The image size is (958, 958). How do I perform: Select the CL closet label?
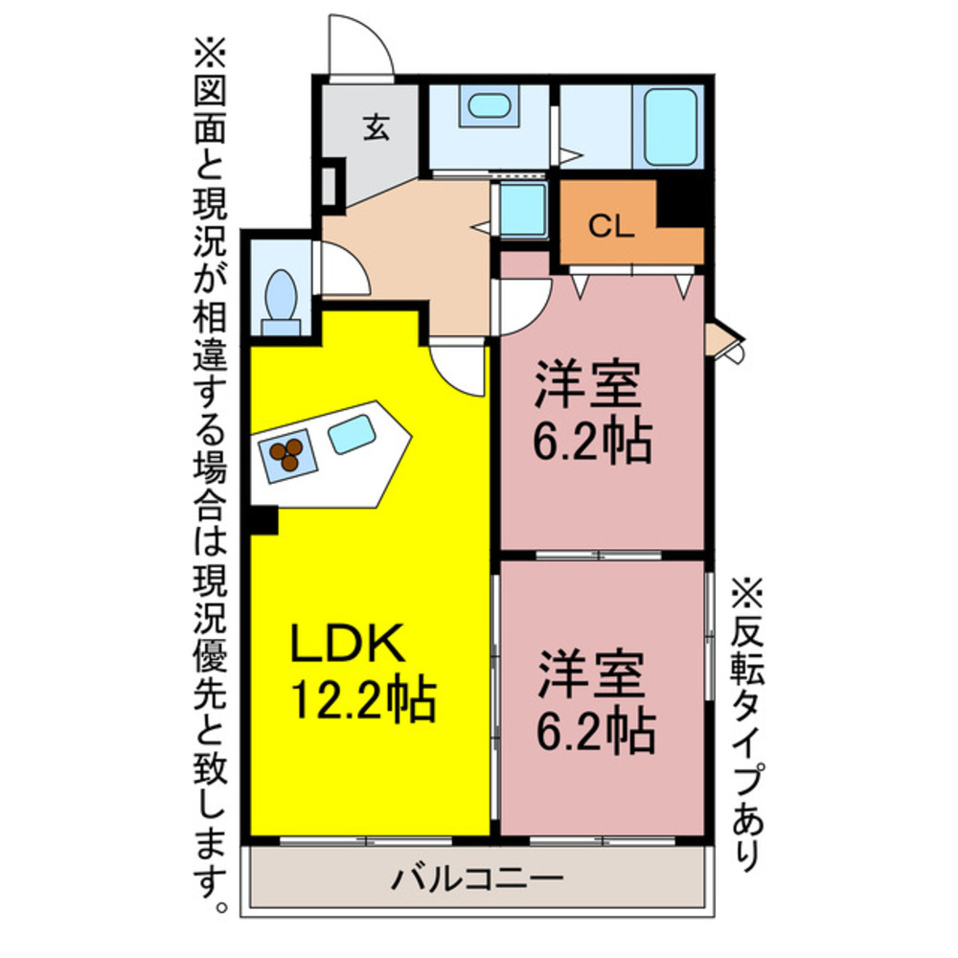[x=609, y=227]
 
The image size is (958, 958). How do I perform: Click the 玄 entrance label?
[x=376, y=128]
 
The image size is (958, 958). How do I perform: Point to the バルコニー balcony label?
[x=475, y=877]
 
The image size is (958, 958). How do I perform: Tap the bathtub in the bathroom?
[x=670, y=127]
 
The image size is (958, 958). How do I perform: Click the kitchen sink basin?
[x=352, y=434]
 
